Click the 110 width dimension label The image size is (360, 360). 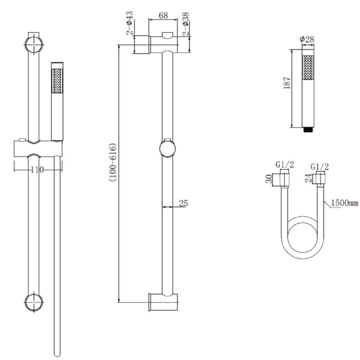pos(37,169)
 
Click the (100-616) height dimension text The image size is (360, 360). pos(111,162)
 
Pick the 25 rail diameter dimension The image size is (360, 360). pos(183,204)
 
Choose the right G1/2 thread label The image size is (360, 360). pos(319,167)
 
